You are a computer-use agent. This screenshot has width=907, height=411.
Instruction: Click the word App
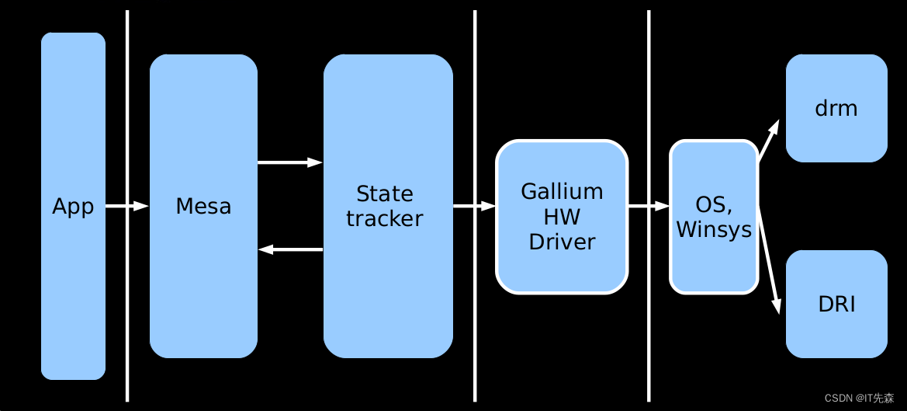73,207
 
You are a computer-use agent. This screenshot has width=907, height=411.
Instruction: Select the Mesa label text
203,207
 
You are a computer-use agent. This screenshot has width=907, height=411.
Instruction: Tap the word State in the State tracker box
385,193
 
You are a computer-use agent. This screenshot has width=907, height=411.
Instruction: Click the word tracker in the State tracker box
385,219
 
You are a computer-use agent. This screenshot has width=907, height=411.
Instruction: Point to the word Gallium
562,191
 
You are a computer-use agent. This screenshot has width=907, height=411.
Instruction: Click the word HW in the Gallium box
562,216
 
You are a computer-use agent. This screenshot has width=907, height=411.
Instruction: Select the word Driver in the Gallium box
562,242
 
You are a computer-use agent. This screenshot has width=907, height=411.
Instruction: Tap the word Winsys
714,230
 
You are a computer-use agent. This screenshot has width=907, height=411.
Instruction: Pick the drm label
836,109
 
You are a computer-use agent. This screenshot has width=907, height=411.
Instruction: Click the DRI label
836,305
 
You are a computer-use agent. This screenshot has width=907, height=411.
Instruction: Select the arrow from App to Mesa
126,206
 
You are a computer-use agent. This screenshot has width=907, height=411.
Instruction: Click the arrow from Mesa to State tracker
289,162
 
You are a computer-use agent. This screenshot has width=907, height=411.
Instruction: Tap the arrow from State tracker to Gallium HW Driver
474,206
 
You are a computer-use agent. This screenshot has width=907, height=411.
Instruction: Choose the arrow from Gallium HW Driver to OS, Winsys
648,206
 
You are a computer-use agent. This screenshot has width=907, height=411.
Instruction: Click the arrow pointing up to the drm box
768,141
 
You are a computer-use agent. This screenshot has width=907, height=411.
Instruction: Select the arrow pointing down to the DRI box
769,260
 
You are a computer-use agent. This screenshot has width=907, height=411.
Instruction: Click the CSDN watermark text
858,398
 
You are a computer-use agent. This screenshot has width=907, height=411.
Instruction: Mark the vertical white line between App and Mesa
127,311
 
